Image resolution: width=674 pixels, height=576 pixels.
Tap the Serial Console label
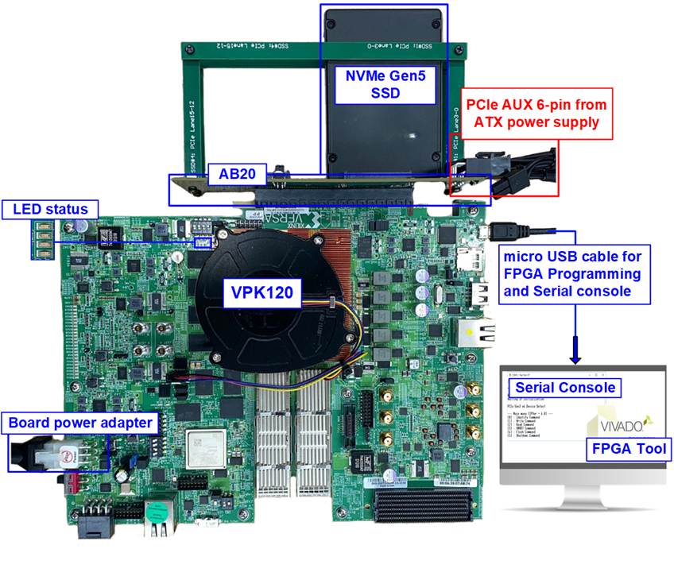[564, 387]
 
